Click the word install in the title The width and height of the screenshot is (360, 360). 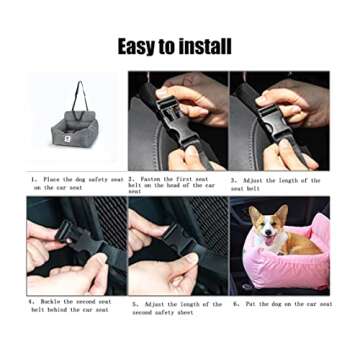[207, 46]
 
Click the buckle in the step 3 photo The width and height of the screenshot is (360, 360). [276, 105]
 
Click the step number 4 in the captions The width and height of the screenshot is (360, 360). [32, 301]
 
